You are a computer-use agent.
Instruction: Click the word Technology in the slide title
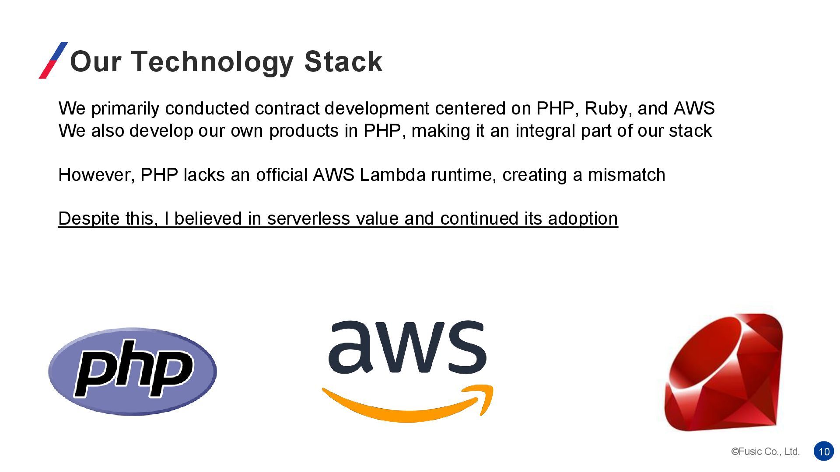pos(212,62)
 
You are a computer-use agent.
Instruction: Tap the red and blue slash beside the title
pos(53,60)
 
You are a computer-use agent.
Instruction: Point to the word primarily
pos(125,108)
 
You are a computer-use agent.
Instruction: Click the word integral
pos(545,131)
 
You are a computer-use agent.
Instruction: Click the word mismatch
pos(626,175)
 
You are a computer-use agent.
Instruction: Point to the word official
pos(282,175)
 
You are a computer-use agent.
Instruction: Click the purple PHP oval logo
pos(133,371)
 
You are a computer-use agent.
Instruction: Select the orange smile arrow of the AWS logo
pos(407,404)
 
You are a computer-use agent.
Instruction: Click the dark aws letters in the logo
pos(407,347)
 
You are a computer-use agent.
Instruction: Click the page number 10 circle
pos(824,451)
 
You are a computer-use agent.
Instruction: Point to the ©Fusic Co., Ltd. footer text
pos(765,451)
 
